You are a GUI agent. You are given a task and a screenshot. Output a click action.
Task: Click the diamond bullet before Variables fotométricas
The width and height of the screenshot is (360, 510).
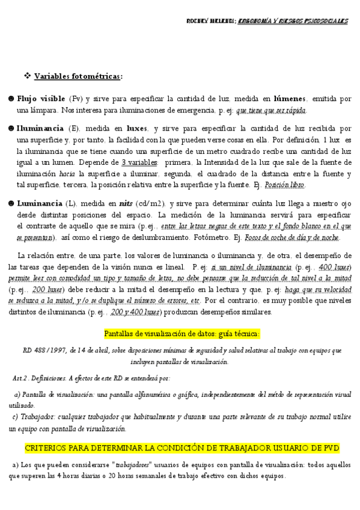[26, 76]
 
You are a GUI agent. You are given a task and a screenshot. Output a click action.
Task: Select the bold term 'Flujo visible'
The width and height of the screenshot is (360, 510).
[41, 98]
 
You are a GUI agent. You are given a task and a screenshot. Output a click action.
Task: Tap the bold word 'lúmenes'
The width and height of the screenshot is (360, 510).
[290, 98]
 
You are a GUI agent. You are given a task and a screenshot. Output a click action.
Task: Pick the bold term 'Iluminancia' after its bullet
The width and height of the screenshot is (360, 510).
[40, 128]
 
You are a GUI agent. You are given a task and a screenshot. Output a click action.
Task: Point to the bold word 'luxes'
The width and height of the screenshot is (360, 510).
[137, 128]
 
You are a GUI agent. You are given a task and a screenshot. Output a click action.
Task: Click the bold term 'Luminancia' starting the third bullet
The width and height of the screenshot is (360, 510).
[40, 203]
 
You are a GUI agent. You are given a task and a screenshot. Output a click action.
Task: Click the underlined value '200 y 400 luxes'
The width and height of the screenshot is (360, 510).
[135, 312]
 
